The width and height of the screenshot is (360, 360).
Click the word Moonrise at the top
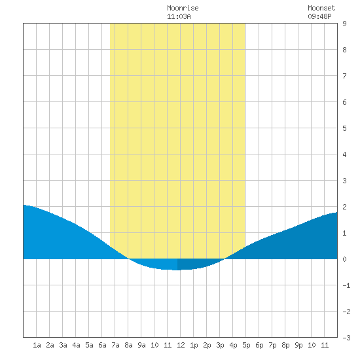point(183,8)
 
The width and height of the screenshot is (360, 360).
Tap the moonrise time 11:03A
point(179,16)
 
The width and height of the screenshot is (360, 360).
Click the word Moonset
point(321,8)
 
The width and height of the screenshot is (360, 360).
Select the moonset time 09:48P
point(319,16)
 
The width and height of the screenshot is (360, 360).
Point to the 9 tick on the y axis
point(344,24)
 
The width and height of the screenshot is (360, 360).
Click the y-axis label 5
point(344,128)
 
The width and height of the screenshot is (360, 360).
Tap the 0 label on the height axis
point(344,259)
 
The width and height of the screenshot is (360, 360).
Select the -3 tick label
point(346,338)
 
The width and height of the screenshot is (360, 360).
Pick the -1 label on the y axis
point(346,285)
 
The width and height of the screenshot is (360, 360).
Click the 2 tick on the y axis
point(344,207)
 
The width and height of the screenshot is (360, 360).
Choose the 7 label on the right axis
point(344,76)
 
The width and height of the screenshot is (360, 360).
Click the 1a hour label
point(37,345)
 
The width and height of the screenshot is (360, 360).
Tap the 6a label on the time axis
point(102,345)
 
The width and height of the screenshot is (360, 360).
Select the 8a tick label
point(128,345)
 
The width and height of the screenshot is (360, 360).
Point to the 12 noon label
point(181,345)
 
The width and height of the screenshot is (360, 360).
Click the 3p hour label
point(220,345)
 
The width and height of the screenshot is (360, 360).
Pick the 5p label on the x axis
point(246,345)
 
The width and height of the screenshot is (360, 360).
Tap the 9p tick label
point(298,345)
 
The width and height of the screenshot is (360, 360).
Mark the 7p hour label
point(272,345)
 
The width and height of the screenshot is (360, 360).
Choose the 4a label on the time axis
point(76,345)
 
